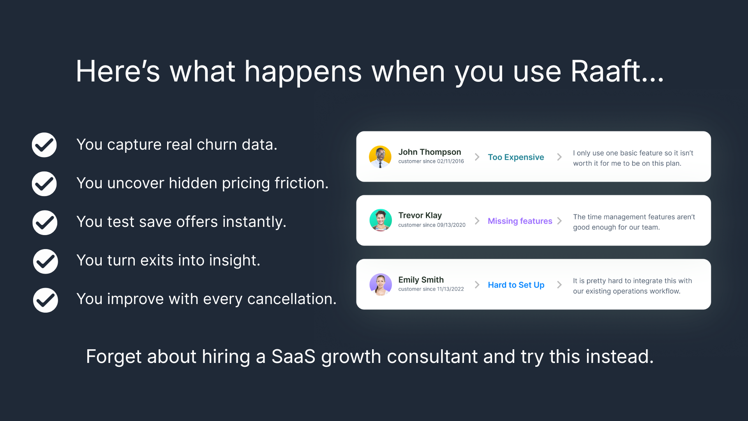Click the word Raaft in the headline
click(606, 71)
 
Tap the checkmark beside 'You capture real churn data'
click(44, 145)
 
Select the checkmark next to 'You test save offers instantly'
click(45, 223)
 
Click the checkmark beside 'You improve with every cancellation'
click(46, 300)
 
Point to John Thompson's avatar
click(380, 157)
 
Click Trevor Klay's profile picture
click(381, 220)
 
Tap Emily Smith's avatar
click(381, 284)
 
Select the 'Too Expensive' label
click(516, 157)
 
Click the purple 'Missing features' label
click(520, 221)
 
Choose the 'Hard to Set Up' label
click(516, 285)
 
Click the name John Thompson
click(430, 152)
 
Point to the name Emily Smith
click(421, 280)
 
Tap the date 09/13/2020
click(451, 225)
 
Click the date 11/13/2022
click(450, 289)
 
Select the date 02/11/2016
click(450, 161)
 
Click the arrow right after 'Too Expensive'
click(559, 157)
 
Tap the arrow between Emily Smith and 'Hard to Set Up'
click(477, 285)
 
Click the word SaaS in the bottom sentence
click(293, 357)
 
